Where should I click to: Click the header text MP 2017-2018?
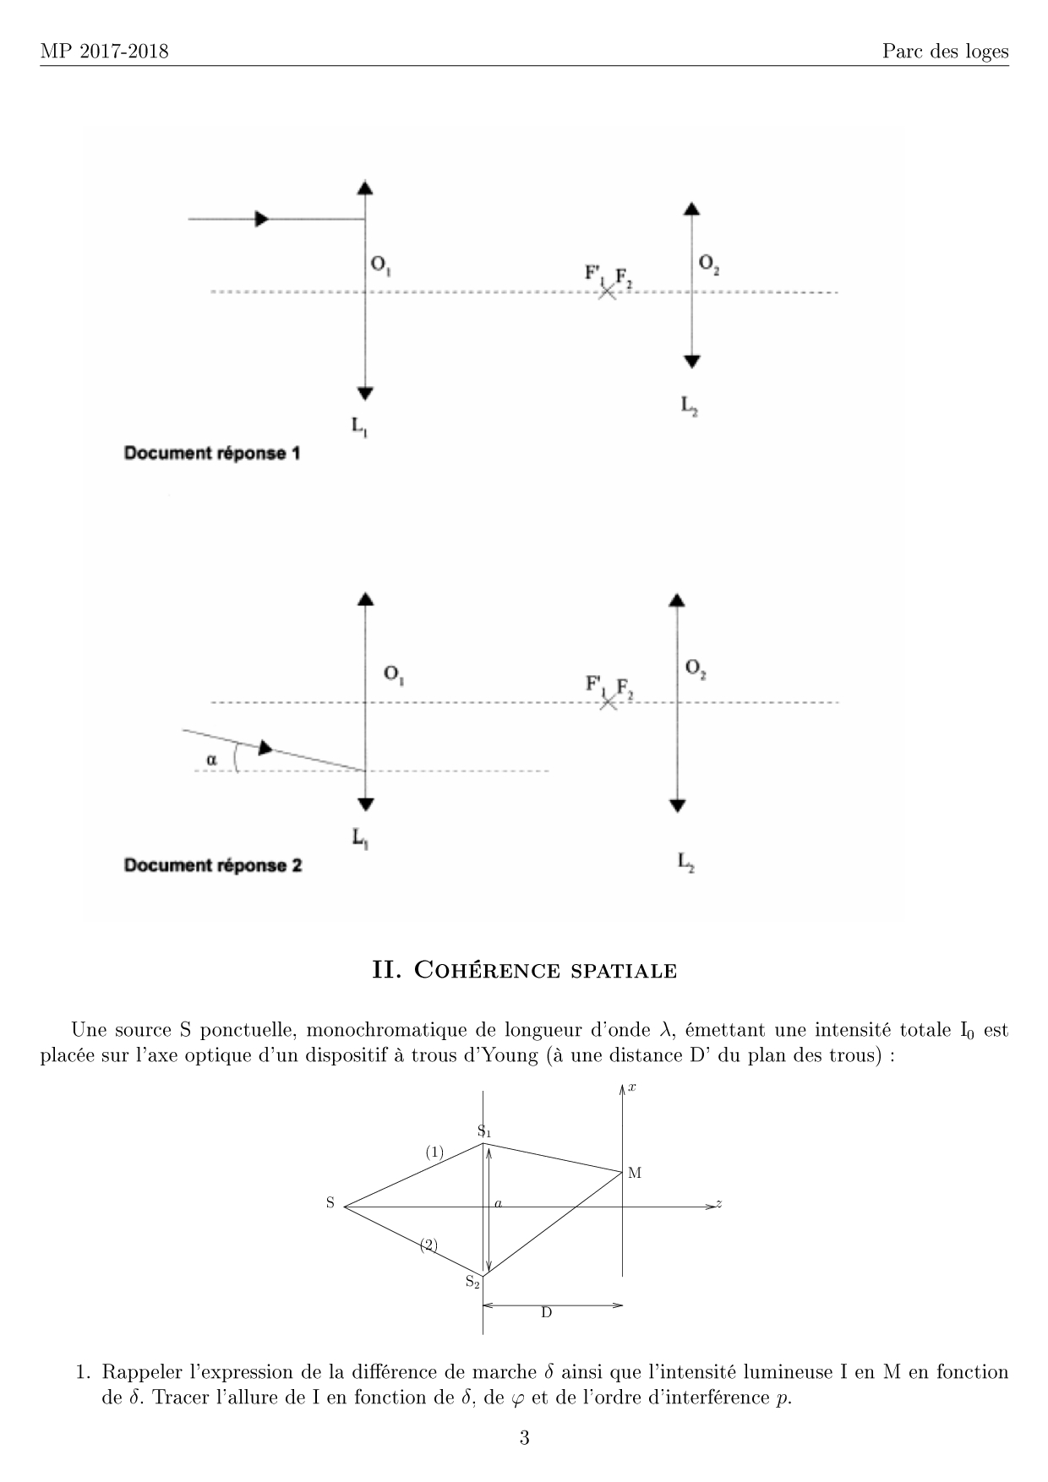tap(104, 52)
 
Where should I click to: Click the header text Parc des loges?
tap(945, 52)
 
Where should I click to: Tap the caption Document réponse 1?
tap(212, 453)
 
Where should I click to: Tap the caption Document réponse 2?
tap(213, 865)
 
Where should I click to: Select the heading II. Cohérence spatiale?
tap(524, 970)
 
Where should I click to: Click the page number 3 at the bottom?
tap(524, 1438)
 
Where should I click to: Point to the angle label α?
tap(211, 760)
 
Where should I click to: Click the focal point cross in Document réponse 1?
tap(607, 292)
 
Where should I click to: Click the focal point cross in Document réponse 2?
tap(607, 702)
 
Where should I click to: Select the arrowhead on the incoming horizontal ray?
tap(262, 219)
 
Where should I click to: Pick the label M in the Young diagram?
tap(635, 1173)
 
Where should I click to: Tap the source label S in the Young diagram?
tap(330, 1203)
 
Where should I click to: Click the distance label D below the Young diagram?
tap(546, 1312)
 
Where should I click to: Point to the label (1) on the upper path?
tap(434, 1152)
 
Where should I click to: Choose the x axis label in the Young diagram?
tap(632, 1087)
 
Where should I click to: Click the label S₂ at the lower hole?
tap(472, 1282)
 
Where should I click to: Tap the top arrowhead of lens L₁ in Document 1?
tap(365, 188)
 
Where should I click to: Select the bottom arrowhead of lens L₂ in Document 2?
tap(676, 805)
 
